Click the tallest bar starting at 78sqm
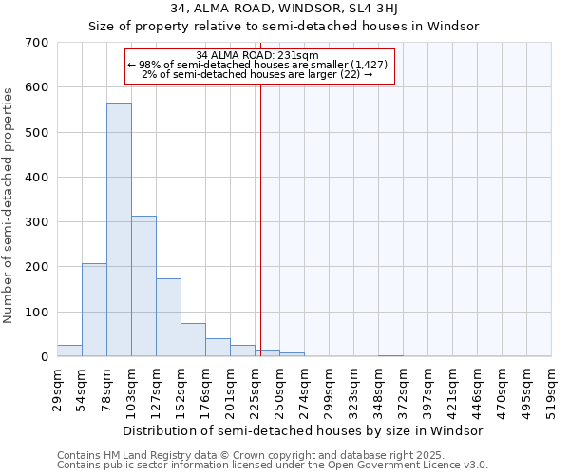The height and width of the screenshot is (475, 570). click(x=119, y=230)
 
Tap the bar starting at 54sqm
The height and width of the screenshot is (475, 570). click(x=94, y=310)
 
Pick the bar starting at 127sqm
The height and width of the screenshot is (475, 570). click(x=168, y=317)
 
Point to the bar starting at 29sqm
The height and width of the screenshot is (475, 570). click(x=69, y=351)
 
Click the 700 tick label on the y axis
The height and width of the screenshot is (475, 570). click(x=38, y=43)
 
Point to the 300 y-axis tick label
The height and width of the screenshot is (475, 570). click(x=38, y=222)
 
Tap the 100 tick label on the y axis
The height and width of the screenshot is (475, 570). click(x=38, y=313)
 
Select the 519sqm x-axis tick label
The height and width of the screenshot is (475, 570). click(x=551, y=389)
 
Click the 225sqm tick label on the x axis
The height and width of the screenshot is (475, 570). click(x=255, y=389)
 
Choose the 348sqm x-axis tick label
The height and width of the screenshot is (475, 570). click(x=378, y=389)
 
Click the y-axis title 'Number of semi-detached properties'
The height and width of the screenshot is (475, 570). click(x=9, y=205)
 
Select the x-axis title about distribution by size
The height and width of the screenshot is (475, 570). click(x=303, y=430)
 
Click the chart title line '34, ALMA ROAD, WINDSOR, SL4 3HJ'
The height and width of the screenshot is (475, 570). click(x=283, y=9)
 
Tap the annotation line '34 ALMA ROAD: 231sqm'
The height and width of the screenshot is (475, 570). click(x=257, y=55)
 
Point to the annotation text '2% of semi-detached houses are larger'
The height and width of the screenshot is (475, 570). click(x=256, y=74)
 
